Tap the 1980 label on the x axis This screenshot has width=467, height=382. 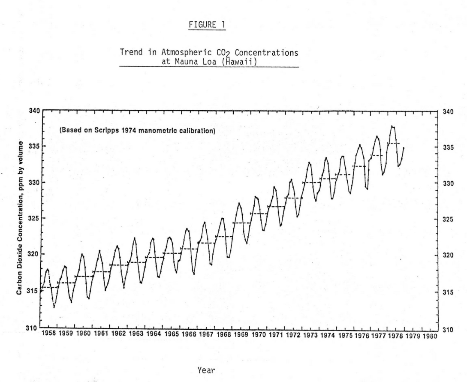tap(429, 334)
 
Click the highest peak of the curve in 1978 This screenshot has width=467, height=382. tap(392, 126)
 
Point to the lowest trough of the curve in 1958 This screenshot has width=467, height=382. tap(54, 307)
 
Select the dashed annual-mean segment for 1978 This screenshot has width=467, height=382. tap(393, 143)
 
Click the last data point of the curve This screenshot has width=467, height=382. tap(404, 148)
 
